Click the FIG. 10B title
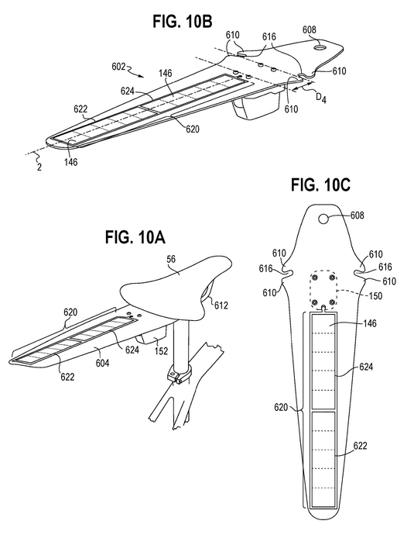[x=183, y=21]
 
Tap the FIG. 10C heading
[x=320, y=185]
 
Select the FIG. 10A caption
[x=135, y=237]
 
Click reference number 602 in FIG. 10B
[x=119, y=66]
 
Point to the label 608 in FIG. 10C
[x=358, y=216]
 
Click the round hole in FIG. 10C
[x=323, y=218]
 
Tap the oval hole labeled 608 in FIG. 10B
[x=321, y=46]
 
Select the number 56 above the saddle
[x=171, y=259]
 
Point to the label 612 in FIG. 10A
[x=221, y=305]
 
